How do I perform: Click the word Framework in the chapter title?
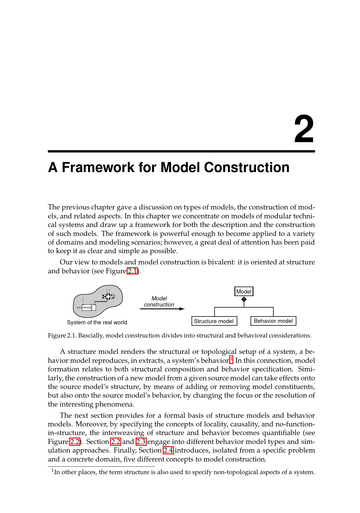pos(98,167)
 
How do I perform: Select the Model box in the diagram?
pos(244,291)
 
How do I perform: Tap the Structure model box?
pos(214,321)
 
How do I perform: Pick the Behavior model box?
pos(273,321)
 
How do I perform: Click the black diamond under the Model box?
pos(244,300)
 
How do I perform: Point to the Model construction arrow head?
pos(182,309)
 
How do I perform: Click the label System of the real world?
pos(97,322)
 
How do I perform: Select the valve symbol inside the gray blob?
pos(108,297)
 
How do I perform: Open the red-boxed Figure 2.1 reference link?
pos(132,271)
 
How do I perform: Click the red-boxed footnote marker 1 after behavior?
pos(231,359)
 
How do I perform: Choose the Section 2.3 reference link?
pos(141,442)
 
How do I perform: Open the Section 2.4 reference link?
pos(168,450)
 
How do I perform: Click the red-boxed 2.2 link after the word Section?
pos(116,442)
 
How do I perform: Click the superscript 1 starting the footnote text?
pos(53,471)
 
